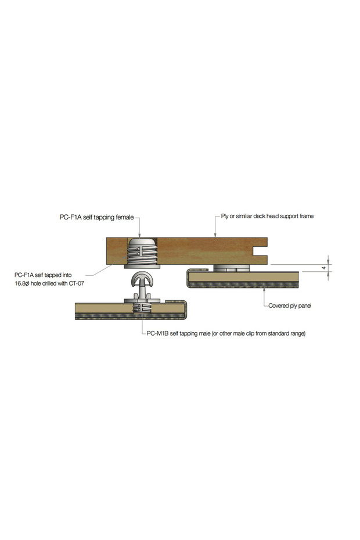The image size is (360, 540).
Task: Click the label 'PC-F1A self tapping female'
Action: [96, 217]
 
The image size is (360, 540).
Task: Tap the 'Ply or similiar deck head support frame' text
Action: [267, 216]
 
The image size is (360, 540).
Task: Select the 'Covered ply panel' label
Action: [290, 305]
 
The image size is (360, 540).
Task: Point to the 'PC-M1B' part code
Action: [157, 333]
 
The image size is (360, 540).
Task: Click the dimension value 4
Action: [323, 268]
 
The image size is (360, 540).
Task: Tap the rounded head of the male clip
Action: [142, 279]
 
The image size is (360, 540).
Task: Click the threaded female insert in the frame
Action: [142, 251]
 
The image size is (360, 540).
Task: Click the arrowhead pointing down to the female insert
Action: [140, 235]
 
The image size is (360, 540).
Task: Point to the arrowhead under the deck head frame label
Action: [215, 235]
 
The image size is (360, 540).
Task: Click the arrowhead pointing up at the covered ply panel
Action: [264, 290]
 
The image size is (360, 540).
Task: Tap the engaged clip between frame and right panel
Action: [231, 268]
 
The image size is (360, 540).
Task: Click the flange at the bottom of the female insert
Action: [142, 266]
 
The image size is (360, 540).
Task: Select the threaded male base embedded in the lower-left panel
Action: [142, 308]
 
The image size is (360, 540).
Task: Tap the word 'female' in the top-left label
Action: [124, 217]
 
